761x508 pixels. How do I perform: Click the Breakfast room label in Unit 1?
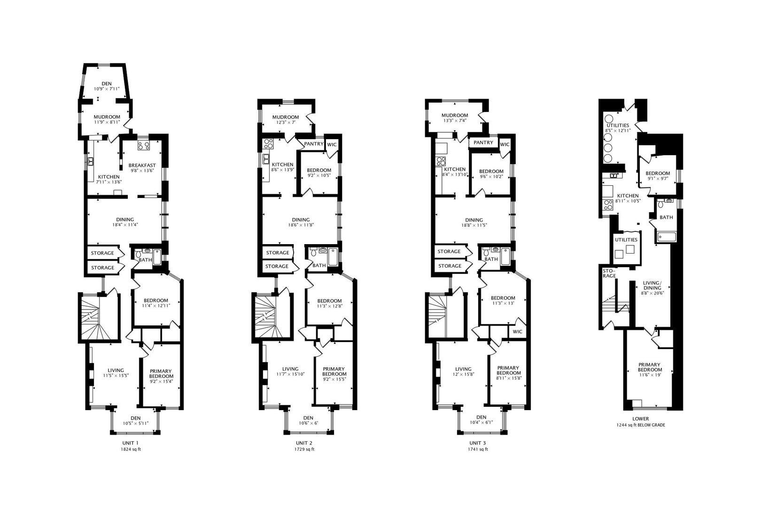tap(142, 165)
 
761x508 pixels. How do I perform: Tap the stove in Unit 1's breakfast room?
tap(143, 145)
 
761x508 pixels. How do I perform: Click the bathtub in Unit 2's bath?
tap(333, 256)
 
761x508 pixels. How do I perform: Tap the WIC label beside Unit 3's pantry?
tap(505, 144)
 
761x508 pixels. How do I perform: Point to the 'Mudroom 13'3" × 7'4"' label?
tap(455, 118)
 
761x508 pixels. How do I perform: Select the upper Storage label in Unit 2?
tap(277, 253)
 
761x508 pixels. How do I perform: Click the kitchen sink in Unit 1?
tap(90, 161)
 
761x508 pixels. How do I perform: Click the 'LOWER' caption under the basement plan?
tap(640, 419)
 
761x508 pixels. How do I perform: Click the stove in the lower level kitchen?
tap(608, 205)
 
